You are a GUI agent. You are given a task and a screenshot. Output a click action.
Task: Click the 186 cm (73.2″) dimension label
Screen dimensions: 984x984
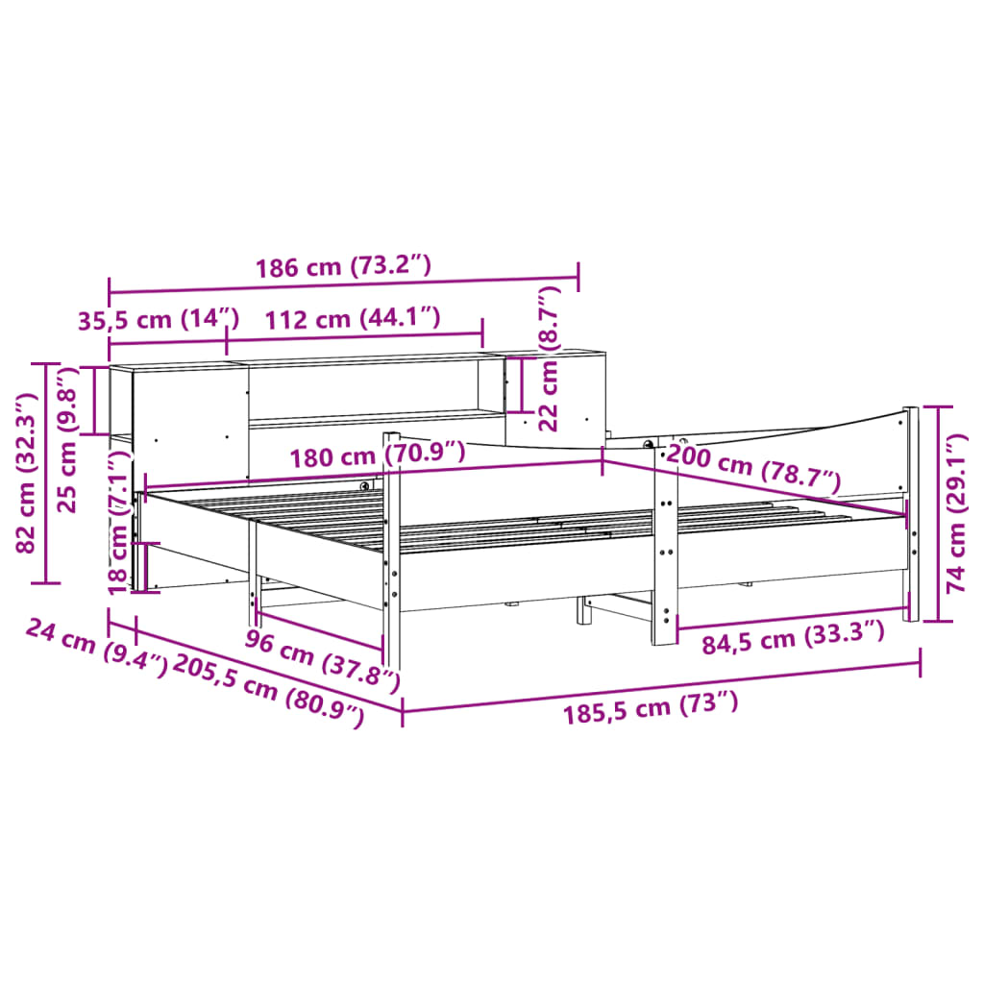(342, 267)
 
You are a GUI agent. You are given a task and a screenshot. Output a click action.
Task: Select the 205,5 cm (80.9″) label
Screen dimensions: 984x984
(268, 690)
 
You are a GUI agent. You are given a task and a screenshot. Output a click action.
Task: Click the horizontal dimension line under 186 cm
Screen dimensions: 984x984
(342, 285)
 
